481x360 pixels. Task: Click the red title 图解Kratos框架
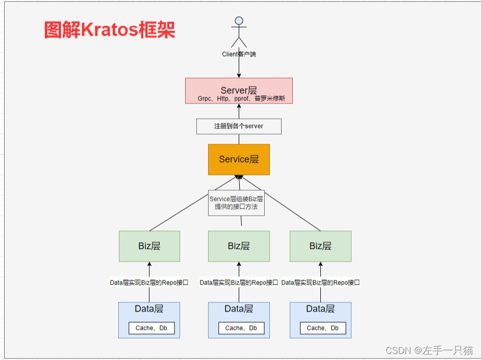[x=110, y=30]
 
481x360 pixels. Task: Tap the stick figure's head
[x=238, y=21]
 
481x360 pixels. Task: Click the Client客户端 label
[x=239, y=54]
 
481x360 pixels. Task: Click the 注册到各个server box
[x=239, y=126]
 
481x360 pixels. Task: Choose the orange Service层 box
[x=239, y=160]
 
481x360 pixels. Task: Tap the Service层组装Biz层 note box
[x=236, y=203]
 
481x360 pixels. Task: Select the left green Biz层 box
[x=149, y=246]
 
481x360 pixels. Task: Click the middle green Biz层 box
[x=239, y=246]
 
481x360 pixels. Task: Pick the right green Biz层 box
[x=320, y=246]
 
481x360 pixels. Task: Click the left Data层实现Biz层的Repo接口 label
[x=149, y=282]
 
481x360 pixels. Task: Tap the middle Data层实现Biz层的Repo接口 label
[x=239, y=282]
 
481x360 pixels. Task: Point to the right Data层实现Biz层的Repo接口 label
[x=320, y=282]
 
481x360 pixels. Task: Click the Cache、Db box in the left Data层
[x=151, y=328]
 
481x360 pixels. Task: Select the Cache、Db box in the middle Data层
[x=241, y=328]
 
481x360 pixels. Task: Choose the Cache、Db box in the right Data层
[x=323, y=328]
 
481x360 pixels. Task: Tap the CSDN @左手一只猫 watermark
[x=429, y=350]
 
